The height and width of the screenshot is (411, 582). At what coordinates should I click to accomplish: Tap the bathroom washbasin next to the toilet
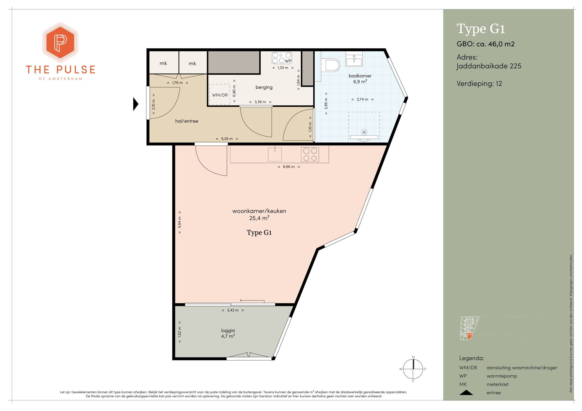[x=354, y=59]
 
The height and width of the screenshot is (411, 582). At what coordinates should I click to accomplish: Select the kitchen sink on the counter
[x=275, y=154]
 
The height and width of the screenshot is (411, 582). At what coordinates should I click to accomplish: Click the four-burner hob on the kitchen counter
[x=310, y=154]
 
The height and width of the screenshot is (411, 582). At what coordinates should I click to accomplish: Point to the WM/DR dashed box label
[x=220, y=95]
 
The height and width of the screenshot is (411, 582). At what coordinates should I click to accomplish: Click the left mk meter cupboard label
[x=163, y=63]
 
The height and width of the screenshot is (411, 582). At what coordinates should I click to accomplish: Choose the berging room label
[x=264, y=87]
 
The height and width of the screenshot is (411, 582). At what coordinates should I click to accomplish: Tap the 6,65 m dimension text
[x=289, y=167]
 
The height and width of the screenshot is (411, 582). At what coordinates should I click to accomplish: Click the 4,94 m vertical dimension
[x=179, y=222]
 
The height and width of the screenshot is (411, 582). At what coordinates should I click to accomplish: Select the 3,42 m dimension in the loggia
[x=233, y=310]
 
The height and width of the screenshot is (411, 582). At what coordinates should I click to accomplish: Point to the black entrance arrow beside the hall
[x=136, y=104]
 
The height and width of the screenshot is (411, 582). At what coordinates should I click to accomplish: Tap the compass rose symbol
[x=413, y=369]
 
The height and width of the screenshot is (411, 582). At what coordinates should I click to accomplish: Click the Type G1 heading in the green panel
[x=481, y=29]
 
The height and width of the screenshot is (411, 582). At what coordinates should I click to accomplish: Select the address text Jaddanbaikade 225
[x=489, y=66]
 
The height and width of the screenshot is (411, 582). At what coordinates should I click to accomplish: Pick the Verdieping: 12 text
[x=479, y=84]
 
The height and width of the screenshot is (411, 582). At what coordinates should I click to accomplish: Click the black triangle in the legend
[x=466, y=393]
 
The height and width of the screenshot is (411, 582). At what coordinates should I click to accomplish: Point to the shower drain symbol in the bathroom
[x=364, y=132]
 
